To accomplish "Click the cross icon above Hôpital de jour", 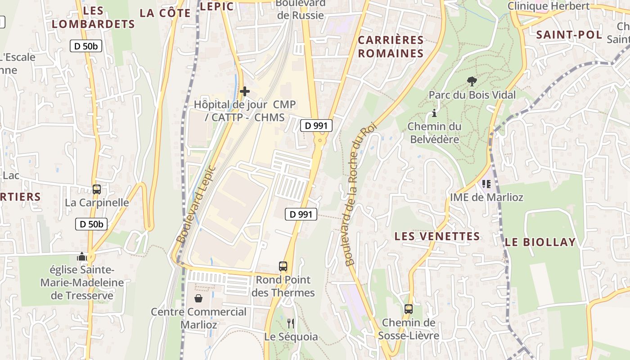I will pyautogui.click(x=245, y=91).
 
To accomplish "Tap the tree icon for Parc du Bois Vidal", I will pyautogui.click(x=472, y=81).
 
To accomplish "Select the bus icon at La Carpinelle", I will pyautogui.click(x=96, y=189).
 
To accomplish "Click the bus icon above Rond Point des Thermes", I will pyautogui.click(x=283, y=266).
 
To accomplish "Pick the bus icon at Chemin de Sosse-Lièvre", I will pyautogui.click(x=409, y=309).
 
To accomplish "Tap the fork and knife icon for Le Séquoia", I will pyautogui.click(x=291, y=323).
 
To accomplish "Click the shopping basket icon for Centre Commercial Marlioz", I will pyautogui.click(x=198, y=298).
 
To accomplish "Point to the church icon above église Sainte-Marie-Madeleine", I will pyautogui.click(x=82, y=256).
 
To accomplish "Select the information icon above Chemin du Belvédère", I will pyautogui.click(x=434, y=113).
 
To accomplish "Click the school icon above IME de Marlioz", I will pyautogui.click(x=486, y=184).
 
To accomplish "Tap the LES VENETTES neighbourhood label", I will pyautogui.click(x=437, y=236).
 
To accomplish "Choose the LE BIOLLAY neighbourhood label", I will pyautogui.click(x=540, y=242).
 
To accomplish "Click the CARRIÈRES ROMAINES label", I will pyautogui.click(x=391, y=47).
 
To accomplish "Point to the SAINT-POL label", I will pyautogui.click(x=569, y=35).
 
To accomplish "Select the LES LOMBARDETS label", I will pyautogui.click(x=94, y=17).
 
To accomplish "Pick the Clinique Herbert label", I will pyautogui.click(x=548, y=6).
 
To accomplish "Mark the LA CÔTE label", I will pyautogui.click(x=165, y=13).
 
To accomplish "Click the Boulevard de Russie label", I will pyautogui.click(x=301, y=9).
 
